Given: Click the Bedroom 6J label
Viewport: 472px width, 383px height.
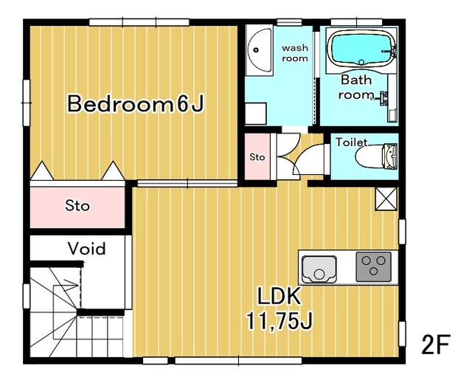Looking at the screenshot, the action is [136, 103].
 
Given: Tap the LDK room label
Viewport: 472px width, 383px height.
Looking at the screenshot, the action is [279, 296].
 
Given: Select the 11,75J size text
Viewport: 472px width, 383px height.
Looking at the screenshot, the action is [279, 320].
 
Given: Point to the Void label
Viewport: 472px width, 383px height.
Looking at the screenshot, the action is [87, 249].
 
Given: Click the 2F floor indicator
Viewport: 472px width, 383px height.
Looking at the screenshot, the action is [435, 345].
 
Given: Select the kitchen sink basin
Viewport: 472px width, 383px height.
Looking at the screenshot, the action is [319, 269].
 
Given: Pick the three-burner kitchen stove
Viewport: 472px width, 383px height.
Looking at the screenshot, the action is [374, 267].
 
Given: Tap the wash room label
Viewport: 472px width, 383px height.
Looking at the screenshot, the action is [295, 53].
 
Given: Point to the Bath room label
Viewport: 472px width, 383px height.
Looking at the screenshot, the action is [356, 87].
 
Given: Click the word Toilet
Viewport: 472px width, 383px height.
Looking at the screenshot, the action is [351, 142].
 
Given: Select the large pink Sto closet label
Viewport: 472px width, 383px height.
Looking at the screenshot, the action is [77, 206].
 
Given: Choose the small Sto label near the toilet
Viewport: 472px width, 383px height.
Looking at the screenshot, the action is [257, 157].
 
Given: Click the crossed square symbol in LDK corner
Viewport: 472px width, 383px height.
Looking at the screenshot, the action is [386, 199].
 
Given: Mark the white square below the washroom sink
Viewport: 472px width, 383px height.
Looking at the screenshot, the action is [256, 113].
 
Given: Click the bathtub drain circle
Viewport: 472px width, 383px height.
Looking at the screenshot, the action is [361, 62].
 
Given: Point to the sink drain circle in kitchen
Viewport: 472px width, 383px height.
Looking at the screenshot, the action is [319, 275].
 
